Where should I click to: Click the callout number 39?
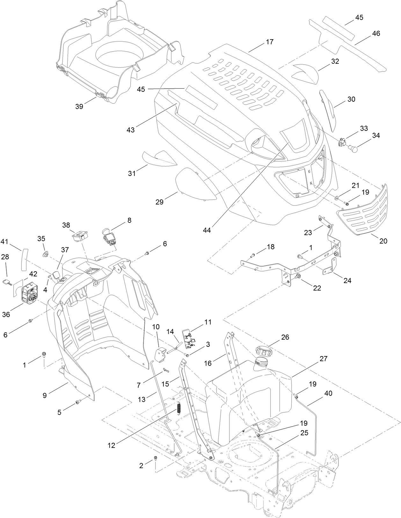(x=79, y=106)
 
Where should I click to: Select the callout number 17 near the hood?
(x=270, y=42)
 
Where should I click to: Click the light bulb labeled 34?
(x=352, y=148)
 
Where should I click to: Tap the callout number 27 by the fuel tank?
(x=324, y=358)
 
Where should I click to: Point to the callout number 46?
(x=376, y=33)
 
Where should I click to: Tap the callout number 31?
(x=132, y=173)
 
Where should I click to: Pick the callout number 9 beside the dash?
(x=45, y=395)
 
